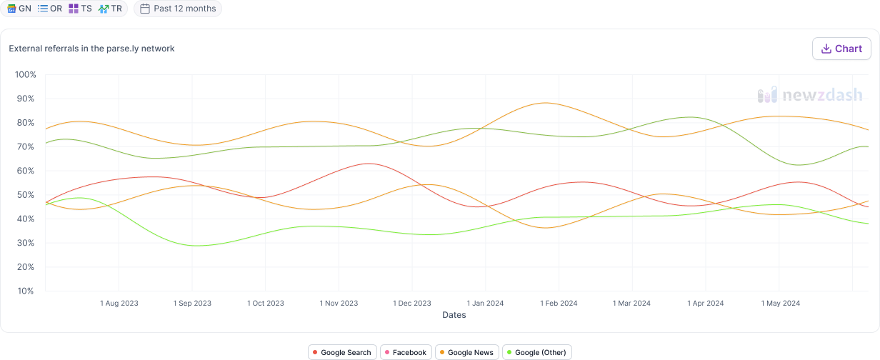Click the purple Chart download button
click(841, 49)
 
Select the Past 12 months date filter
click(178, 9)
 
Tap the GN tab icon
click(11, 9)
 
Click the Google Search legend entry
click(342, 352)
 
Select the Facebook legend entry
click(406, 352)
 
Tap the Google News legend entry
click(466, 352)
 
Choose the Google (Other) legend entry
click(536, 352)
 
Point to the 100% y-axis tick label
click(25, 75)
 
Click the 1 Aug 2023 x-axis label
click(119, 304)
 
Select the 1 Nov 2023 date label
click(339, 304)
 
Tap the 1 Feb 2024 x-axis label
click(559, 304)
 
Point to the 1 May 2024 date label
click(781, 304)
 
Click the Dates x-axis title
click(454, 315)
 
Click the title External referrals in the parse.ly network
click(91, 49)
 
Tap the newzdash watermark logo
click(809, 95)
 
